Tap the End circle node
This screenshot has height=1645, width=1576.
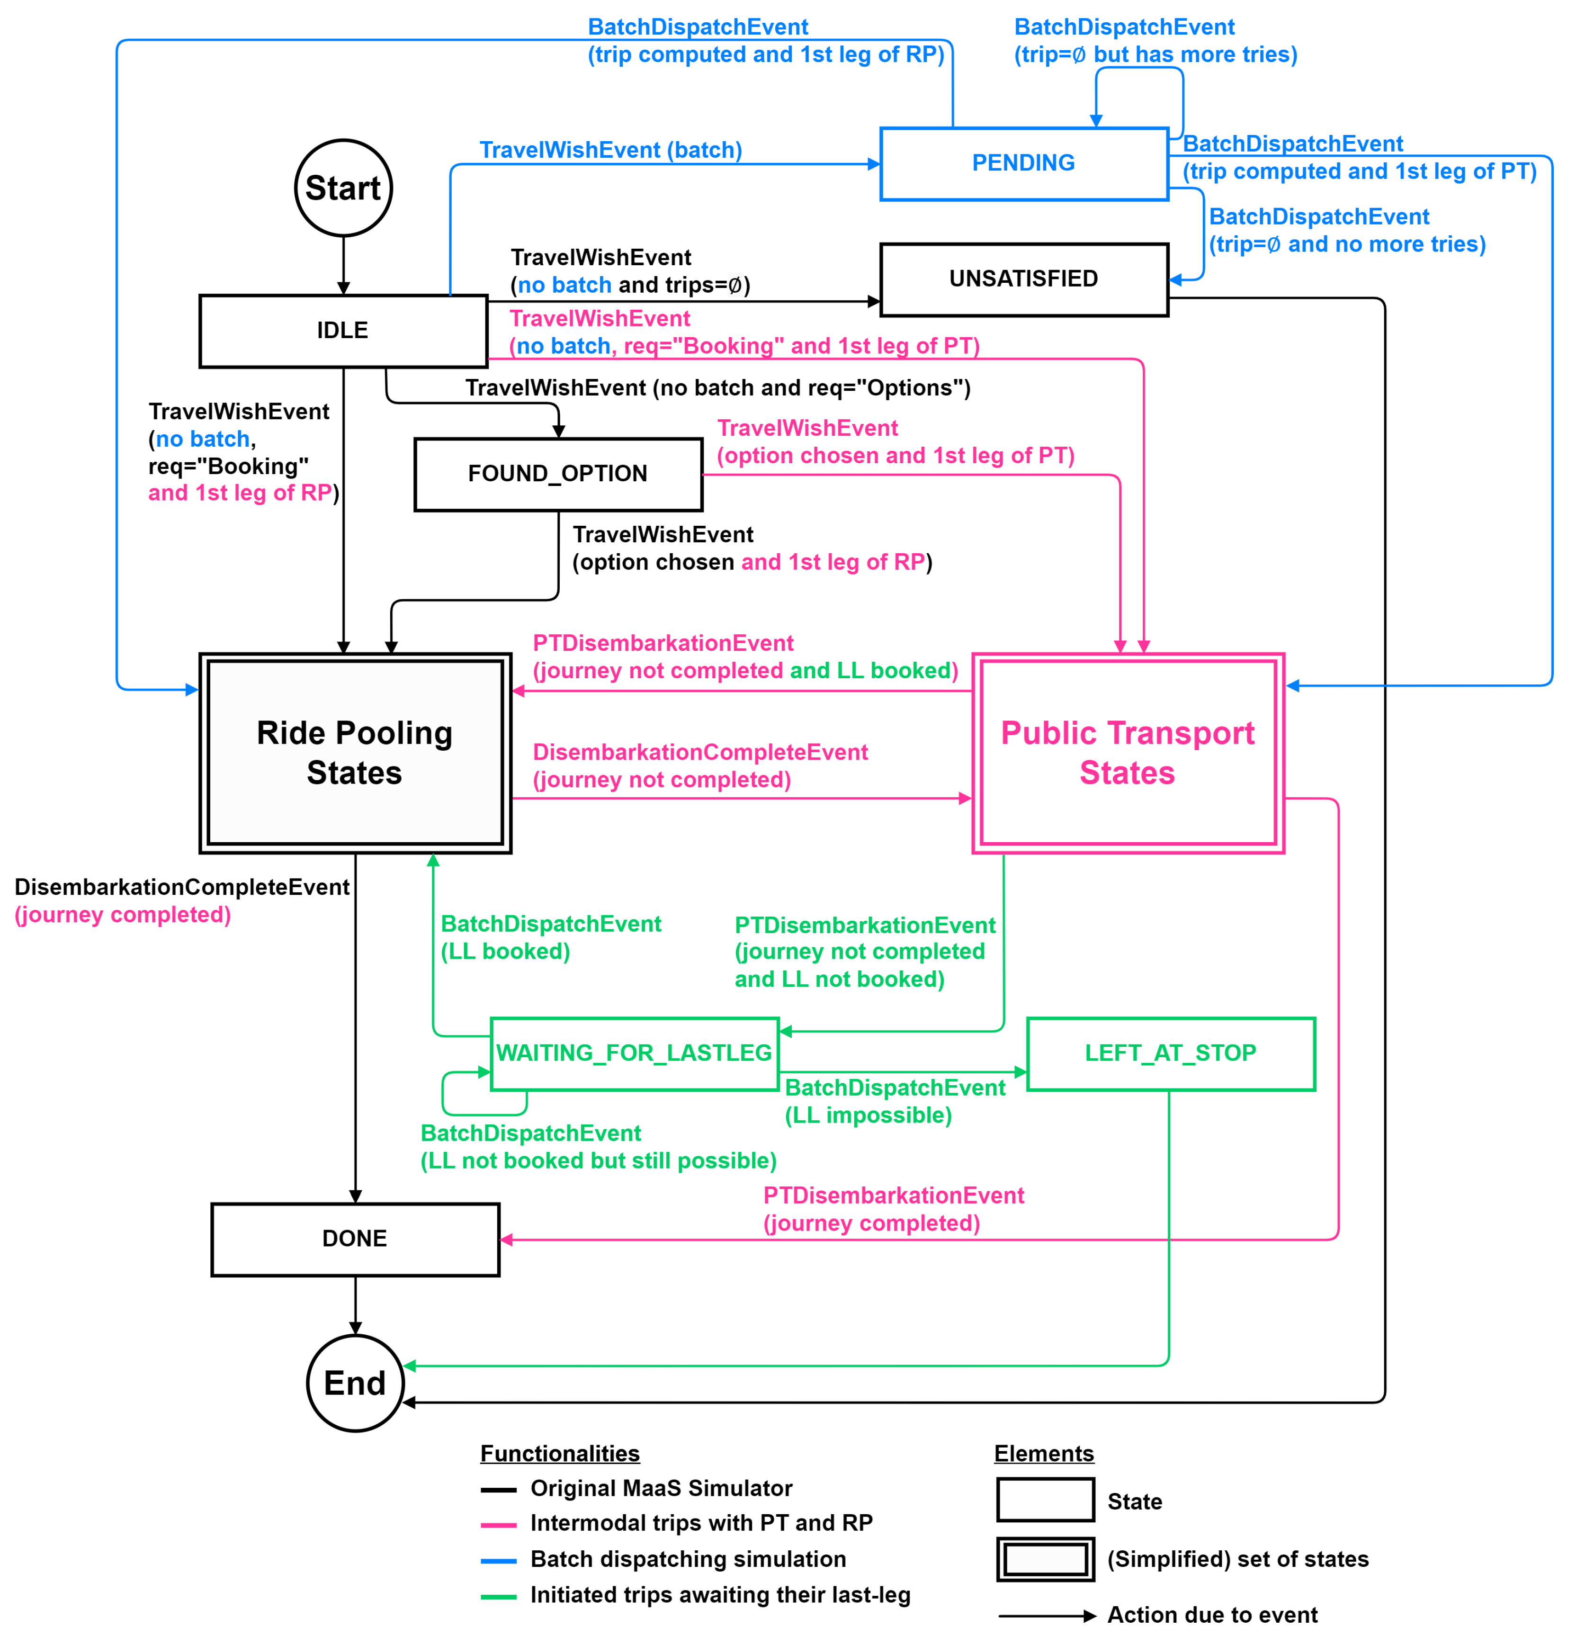point(355,1382)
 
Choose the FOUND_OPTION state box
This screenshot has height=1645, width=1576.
point(557,474)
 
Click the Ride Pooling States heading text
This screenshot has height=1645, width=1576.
point(354,752)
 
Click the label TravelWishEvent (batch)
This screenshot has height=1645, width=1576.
point(610,150)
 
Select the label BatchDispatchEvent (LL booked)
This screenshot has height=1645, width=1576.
point(550,937)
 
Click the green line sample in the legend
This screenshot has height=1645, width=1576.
point(498,1596)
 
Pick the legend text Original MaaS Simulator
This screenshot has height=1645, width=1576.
point(661,1488)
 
